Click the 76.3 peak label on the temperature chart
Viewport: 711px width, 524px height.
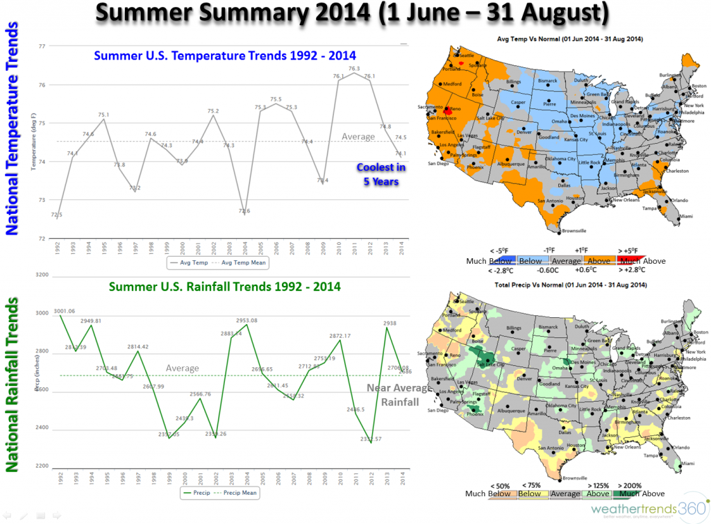354,69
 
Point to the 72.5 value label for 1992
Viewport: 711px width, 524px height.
57,215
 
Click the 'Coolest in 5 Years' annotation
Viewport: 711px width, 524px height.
381,174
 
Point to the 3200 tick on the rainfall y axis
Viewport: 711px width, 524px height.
42,276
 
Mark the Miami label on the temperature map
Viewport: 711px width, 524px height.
686,217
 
